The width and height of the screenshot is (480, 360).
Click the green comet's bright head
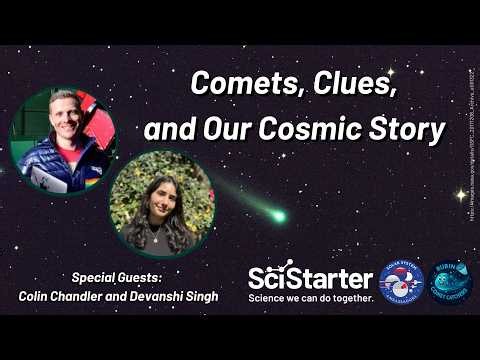[x=279, y=215]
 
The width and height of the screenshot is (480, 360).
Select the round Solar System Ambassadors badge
[x=401, y=280]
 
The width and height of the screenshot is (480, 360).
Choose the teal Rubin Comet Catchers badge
[x=450, y=280]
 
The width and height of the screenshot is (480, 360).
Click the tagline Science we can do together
[x=310, y=298]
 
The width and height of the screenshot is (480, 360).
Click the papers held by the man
[x=45, y=179]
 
